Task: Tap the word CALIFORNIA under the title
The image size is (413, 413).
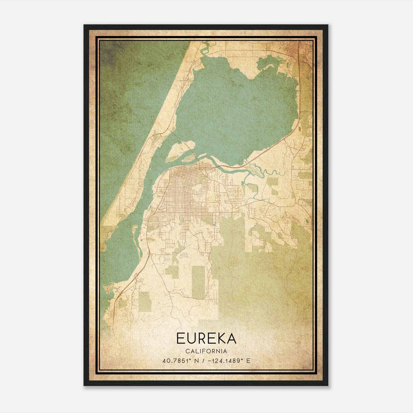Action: (x=206, y=351)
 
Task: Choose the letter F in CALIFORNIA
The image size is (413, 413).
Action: (x=206, y=351)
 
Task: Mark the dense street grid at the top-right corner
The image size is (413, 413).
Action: (x=302, y=49)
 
